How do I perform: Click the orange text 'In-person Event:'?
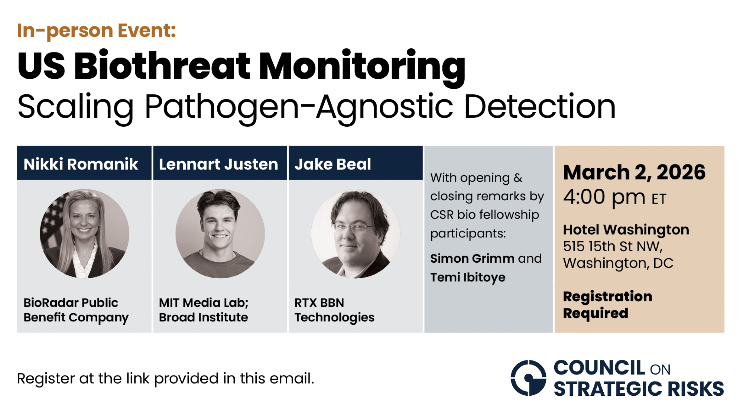[x=97, y=31]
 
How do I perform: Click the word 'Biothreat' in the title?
[x=162, y=66]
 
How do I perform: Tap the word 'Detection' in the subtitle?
[x=540, y=107]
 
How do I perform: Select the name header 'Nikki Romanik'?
[x=81, y=164]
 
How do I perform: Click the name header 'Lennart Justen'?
[x=218, y=164]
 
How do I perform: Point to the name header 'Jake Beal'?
[x=333, y=164]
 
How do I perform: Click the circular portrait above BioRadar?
[x=85, y=234]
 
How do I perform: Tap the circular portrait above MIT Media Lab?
[x=220, y=234]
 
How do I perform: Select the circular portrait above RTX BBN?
[x=356, y=234]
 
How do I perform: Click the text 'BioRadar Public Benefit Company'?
[x=76, y=310]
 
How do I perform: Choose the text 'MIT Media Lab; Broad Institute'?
[x=204, y=310]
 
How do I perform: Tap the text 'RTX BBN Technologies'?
[x=334, y=310]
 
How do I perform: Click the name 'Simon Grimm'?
[x=473, y=258]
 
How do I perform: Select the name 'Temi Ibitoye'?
[x=468, y=277]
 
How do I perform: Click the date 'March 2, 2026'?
[x=634, y=172]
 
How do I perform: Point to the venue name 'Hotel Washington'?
[x=626, y=230]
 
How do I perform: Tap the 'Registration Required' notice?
[x=608, y=305]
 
